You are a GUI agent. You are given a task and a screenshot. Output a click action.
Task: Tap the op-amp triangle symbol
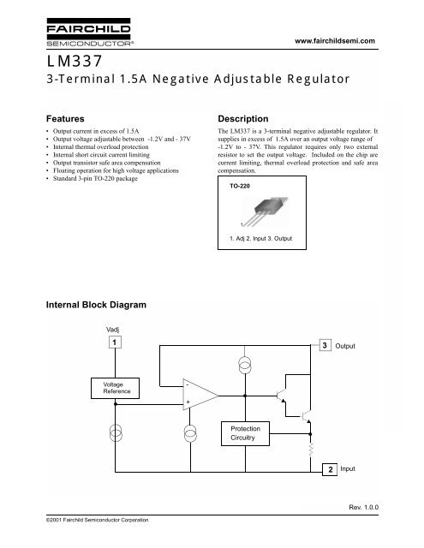click(x=199, y=396)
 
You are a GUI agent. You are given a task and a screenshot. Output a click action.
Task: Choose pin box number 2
click(x=329, y=471)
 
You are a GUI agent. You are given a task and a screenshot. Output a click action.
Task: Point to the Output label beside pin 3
click(x=355, y=346)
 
